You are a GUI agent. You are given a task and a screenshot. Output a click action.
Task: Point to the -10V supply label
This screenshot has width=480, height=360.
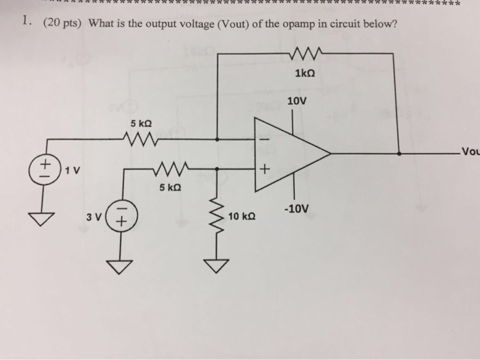[x=297, y=208]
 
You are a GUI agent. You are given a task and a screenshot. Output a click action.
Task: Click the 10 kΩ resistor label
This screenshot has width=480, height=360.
[x=243, y=217]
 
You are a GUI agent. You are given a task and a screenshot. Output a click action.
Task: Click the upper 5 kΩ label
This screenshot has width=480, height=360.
[x=141, y=123]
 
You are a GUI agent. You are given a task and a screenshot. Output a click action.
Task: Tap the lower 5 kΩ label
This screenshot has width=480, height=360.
[x=169, y=187]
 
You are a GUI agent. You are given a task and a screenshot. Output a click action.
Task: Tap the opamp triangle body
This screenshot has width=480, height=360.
[x=288, y=152]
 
